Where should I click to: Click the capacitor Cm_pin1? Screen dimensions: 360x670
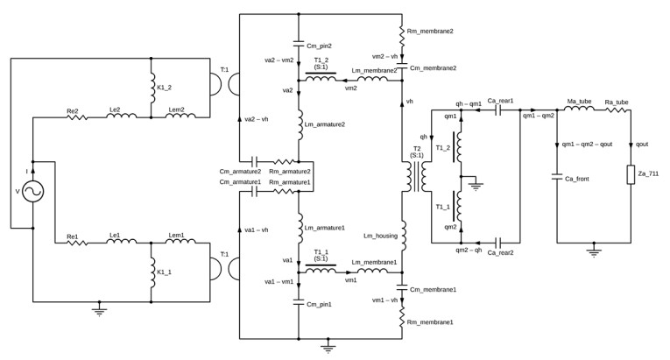point(299,303)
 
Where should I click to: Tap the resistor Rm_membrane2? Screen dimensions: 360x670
point(402,35)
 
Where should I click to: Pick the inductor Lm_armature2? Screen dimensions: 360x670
point(299,123)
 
